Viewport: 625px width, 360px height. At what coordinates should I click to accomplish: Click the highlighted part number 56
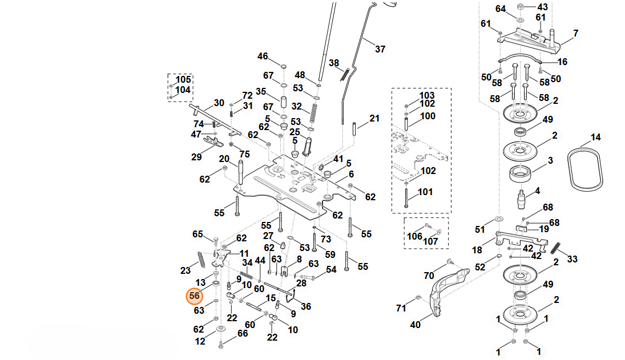[195, 296]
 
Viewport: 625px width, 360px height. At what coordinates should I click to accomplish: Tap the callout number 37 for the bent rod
[380, 49]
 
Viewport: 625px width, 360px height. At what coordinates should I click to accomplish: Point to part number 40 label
[416, 325]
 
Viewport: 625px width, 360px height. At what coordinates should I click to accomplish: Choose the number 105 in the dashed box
[183, 79]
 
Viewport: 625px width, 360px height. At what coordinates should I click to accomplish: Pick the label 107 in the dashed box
[430, 241]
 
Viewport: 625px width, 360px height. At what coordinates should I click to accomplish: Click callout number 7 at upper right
[575, 33]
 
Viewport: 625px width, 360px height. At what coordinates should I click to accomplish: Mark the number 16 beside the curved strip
[562, 62]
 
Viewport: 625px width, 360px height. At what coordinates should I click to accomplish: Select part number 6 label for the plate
[351, 174]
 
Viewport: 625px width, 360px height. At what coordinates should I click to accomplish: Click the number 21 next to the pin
[374, 119]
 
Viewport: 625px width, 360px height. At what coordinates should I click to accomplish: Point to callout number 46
[263, 56]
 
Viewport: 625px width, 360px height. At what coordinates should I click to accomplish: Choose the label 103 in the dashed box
[427, 95]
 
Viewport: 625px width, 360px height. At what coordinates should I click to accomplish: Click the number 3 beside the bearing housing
[550, 161]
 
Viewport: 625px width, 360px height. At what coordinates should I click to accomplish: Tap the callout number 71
[401, 308]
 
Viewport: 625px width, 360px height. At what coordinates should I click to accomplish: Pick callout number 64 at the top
[501, 9]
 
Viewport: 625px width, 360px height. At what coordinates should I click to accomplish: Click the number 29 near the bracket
[196, 157]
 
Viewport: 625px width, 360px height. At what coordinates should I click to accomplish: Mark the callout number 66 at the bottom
[243, 333]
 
